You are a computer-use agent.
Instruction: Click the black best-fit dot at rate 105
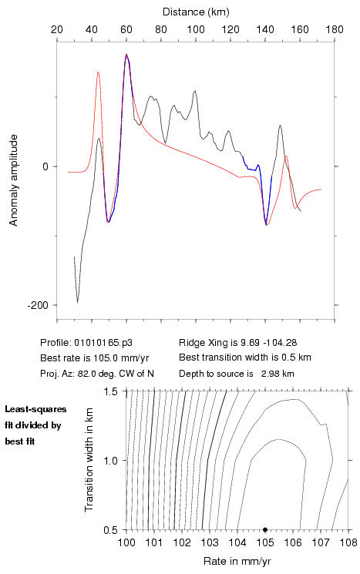tap(265, 529)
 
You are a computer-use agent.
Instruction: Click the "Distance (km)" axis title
tap(196, 12)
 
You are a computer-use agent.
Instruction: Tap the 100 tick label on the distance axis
tap(196, 29)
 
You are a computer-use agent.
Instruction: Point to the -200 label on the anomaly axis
tap(38, 305)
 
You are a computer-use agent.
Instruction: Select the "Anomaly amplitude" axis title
tap(14, 180)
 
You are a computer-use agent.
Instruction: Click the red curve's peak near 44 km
tap(98, 72)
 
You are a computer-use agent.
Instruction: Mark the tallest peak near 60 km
tap(126, 55)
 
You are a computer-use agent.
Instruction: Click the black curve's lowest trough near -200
tap(77, 302)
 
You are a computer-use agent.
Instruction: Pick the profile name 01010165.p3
tap(103, 343)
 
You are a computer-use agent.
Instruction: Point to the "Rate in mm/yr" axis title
tap(237, 561)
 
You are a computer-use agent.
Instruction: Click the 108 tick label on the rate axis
tap(348, 542)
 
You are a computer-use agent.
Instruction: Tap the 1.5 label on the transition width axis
tap(110, 391)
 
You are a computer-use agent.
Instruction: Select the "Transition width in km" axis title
tap(89, 460)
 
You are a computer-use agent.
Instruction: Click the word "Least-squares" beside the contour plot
tap(35, 409)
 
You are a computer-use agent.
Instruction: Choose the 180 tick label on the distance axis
tap(335, 29)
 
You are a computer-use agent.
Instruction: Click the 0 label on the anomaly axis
tap(45, 166)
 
